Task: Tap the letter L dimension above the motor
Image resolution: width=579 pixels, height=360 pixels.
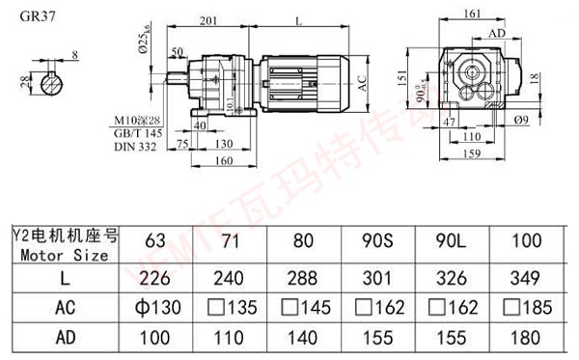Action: (x=301, y=19)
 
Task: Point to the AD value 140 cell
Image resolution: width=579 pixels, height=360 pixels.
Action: (x=301, y=341)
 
